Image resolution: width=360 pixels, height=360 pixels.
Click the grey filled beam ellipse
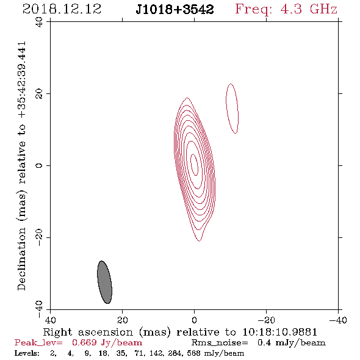pyautogui.click(x=104, y=282)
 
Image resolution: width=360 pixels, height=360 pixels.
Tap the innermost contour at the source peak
pyautogui.click(x=195, y=165)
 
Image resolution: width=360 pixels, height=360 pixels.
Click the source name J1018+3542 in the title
pyautogui.click(x=175, y=9)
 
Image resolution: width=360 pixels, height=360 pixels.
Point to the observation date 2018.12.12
pyautogui.click(x=62, y=9)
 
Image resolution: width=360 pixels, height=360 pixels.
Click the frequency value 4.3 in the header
pyautogui.click(x=291, y=9)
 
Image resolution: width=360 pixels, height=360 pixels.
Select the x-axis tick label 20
pyautogui.click(x=122, y=320)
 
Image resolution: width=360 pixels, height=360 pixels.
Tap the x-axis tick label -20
pyautogui.click(x=266, y=320)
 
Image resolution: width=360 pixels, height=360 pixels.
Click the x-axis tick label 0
pyautogui.click(x=194, y=320)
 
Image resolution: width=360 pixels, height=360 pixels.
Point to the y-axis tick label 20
pyautogui.click(x=39, y=94)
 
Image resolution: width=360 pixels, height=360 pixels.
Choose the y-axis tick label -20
pyautogui.click(x=39, y=237)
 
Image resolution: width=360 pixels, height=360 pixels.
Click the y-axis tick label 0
pyautogui.click(x=39, y=165)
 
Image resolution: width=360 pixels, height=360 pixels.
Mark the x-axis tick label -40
pyautogui.click(x=338, y=320)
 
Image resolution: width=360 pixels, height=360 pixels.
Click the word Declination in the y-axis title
pyautogui.click(x=21, y=259)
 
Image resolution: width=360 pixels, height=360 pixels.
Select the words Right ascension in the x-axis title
pyautogui.click(x=88, y=332)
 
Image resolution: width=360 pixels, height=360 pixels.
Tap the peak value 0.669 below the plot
pyautogui.click(x=84, y=342)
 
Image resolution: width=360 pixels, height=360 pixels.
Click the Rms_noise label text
pyautogui.click(x=220, y=343)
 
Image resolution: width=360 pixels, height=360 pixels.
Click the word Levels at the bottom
pyautogui.click(x=27, y=353)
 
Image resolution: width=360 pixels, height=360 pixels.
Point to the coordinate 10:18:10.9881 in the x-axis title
pyautogui.click(x=280, y=332)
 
